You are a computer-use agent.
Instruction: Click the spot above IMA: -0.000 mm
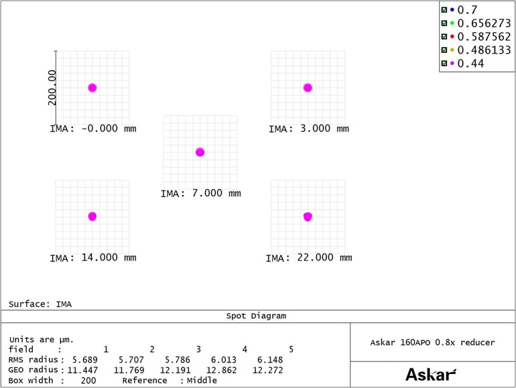(92, 88)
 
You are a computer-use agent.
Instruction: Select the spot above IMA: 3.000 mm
(308, 88)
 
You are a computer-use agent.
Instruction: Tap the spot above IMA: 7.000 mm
(200, 152)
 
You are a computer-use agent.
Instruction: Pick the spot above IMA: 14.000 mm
(92, 216)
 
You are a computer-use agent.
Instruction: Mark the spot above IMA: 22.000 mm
(308, 216)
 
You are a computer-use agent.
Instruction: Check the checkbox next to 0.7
(444, 10)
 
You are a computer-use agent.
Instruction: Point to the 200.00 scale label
(52, 87)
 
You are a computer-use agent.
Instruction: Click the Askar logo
(432, 374)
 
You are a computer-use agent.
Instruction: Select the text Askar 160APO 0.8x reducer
(432, 342)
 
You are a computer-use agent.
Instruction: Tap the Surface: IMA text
(40, 304)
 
